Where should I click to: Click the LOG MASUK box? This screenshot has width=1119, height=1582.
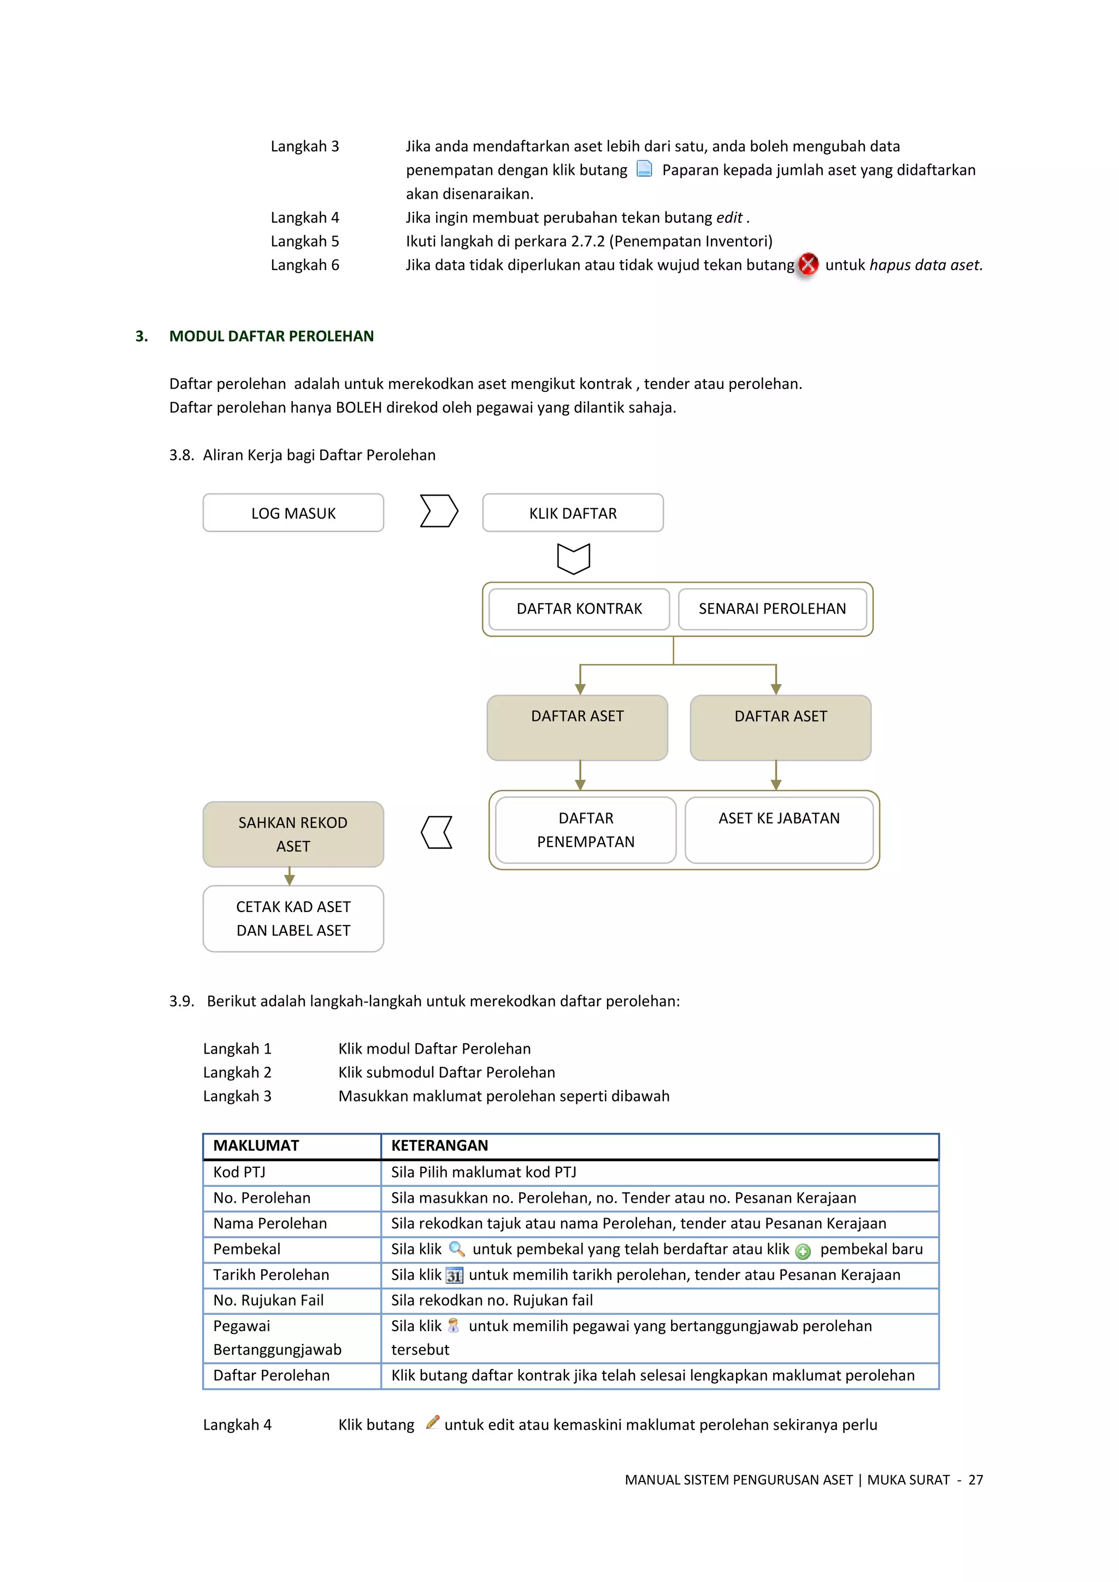(x=293, y=513)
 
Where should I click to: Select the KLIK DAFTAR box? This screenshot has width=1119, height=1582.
(x=573, y=513)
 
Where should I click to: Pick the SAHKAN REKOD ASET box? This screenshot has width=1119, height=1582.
(x=293, y=834)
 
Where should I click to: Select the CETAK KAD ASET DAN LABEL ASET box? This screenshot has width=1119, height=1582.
(x=293, y=918)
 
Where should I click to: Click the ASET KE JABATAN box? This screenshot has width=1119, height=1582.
(x=779, y=830)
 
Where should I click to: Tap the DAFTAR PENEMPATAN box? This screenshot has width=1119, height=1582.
(x=585, y=830)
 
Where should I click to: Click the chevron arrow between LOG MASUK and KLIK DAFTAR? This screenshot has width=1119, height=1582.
(x=438, y=511)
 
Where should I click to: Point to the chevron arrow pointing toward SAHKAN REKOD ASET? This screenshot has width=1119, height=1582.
(x=437, y=832)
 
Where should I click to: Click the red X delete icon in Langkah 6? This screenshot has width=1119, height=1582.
(x=808, y=264)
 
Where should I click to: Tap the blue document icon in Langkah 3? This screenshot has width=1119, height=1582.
(x=644, y=169)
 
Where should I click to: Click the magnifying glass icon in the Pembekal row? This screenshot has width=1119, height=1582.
(x=456, y=1249)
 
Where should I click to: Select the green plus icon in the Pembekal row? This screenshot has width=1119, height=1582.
(x=803, y=1251)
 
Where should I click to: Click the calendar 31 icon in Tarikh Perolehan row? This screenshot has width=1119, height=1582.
(x=454, y=1275)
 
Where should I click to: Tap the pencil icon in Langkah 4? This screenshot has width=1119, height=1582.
(x=432, y=1422)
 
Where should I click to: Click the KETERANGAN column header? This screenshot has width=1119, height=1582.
(x=440, y=1145)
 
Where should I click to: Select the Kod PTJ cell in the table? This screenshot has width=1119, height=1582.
(x=239, y=1172)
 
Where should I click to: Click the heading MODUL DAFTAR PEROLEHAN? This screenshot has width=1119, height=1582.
(x=272, y=336)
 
